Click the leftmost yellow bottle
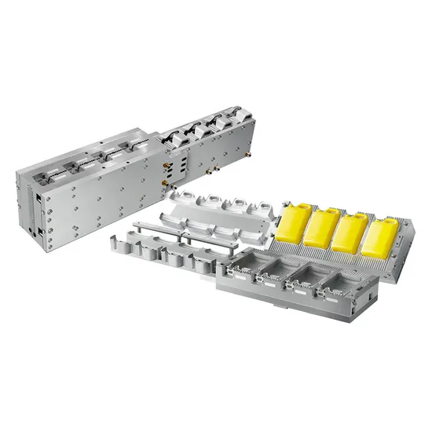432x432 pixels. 291,221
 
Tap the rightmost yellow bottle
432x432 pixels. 380,237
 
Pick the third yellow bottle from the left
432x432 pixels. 351,232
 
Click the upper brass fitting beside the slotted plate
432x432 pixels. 167,165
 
